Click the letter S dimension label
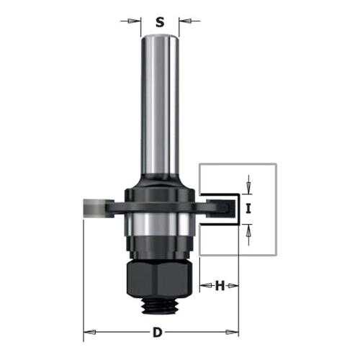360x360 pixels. pos(160,22)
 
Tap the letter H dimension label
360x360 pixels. pos(220,286)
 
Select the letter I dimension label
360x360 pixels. pos(248,208)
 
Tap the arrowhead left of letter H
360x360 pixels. pos(206,286)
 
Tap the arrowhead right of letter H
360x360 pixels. pos(233,286)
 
